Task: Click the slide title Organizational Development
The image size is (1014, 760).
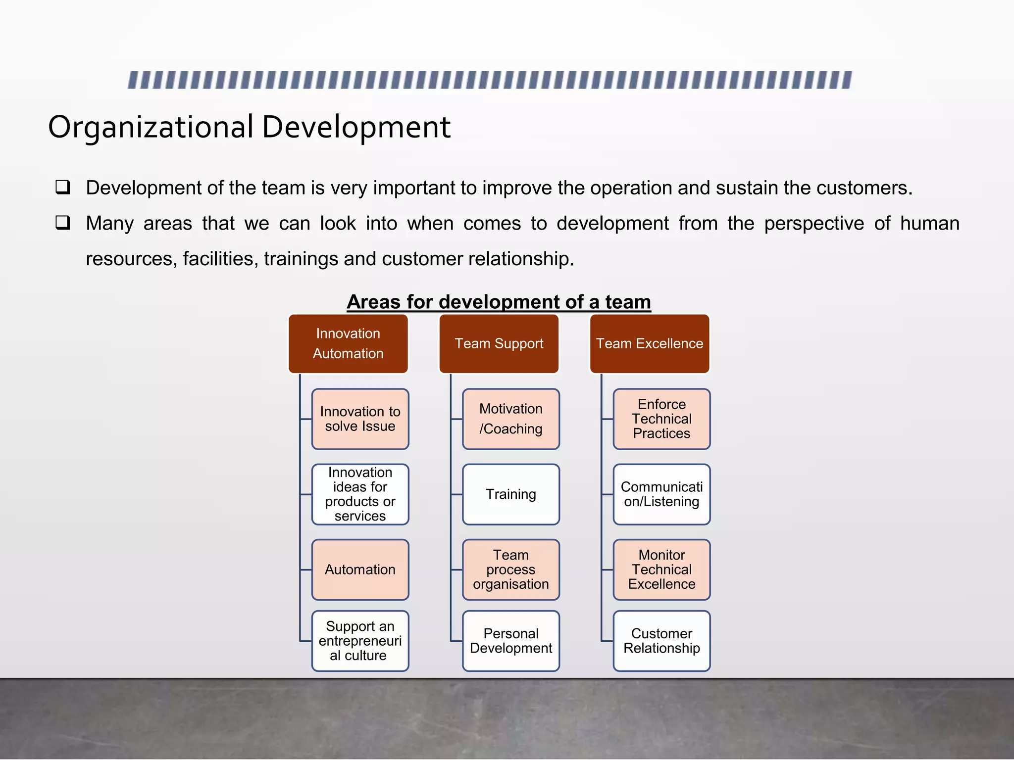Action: click(x=249, y=127)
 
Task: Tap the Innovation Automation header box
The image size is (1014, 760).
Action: click(x=348, y=343)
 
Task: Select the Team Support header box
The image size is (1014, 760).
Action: click(x=499, y=343)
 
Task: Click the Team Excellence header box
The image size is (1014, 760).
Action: click(x=650, y=343)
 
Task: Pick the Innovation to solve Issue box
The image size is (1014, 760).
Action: click(x=360, y=419)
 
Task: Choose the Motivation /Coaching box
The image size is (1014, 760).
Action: click(x=511, y=419)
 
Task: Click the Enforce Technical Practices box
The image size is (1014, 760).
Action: click(x=661, y=419)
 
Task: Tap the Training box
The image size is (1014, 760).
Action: click(x=511, y=494)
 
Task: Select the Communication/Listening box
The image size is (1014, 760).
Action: click(x=661, y=494)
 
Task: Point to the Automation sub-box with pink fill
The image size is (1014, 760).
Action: click(x=360, y=570)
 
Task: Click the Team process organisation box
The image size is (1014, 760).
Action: click(x=511, y=570)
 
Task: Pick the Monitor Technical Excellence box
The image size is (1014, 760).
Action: click(x=661, y=570)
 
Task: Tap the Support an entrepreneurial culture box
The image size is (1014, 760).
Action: click(x=360, y=641)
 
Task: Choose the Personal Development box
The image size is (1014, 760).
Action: click(x=511, y=641)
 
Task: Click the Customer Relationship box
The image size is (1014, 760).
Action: click(x=661, y=641)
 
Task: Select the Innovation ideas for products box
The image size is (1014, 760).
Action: click(x=360, y=494)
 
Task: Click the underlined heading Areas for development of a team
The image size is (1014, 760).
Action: click(x=499, y=302)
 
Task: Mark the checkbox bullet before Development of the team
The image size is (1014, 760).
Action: click(x=63, y=187)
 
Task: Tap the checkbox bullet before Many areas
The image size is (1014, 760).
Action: click(x=63, y=223)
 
